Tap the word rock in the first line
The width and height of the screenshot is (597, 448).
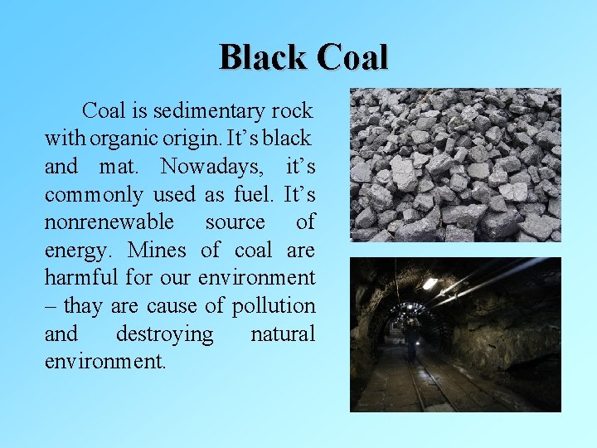293,110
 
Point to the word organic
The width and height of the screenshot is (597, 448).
129,138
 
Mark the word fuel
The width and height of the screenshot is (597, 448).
250,194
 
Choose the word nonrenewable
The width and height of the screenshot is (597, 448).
109,222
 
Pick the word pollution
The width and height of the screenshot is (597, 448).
274,306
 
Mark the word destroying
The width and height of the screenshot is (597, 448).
164,334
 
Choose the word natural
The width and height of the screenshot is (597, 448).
282,334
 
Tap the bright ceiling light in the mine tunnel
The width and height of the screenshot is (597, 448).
430,284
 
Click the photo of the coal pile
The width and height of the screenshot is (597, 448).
455,164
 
